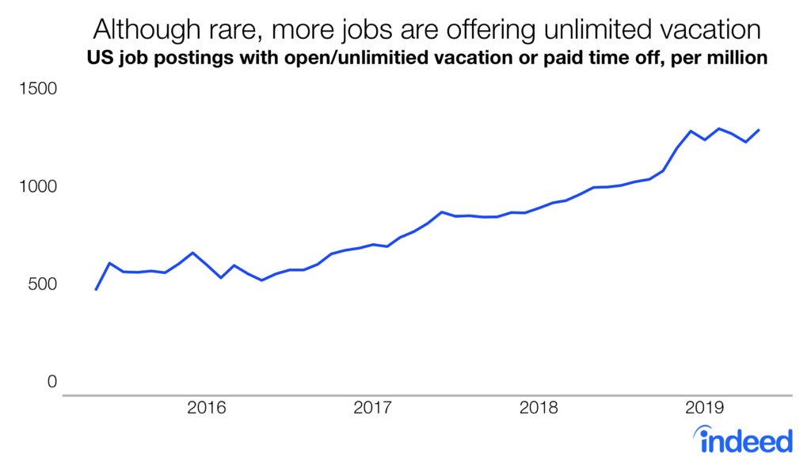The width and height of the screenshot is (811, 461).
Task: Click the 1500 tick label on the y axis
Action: pos(38,90)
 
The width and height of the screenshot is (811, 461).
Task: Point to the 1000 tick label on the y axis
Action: pos(38,187)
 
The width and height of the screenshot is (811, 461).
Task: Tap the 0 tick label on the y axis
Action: pos(52,382)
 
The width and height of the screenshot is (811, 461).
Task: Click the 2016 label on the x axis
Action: pos(206,409)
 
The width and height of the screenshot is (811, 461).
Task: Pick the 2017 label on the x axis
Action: pos(372,409)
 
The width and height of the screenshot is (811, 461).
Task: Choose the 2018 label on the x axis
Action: pos(539,409)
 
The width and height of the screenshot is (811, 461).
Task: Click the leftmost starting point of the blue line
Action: pos(95,290)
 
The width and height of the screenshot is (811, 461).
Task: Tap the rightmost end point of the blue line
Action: pos(760,130)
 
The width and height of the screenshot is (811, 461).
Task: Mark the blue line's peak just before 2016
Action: pos(192,253)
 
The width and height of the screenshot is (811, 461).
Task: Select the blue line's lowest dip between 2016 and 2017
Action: pos(261,280)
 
